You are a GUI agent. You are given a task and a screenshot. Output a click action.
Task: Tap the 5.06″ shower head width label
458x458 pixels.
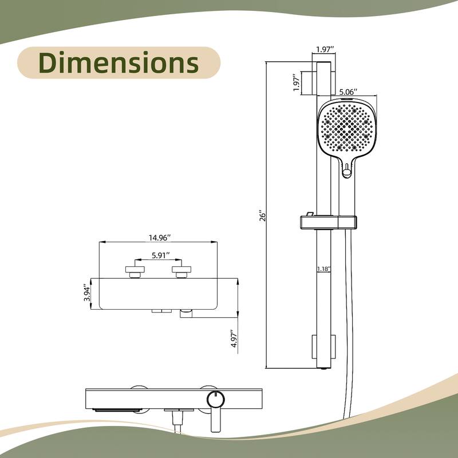click(x=348, y=92)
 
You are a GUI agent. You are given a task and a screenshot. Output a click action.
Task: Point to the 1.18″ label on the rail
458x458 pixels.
click(x=323, y=268)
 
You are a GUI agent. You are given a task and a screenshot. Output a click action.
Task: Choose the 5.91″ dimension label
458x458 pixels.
click(x=159, y=256)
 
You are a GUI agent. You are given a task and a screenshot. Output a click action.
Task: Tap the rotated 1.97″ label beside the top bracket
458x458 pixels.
click(x=296, y=84)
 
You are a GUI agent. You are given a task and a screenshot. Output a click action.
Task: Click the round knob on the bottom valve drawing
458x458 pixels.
click(x=215, y=398)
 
